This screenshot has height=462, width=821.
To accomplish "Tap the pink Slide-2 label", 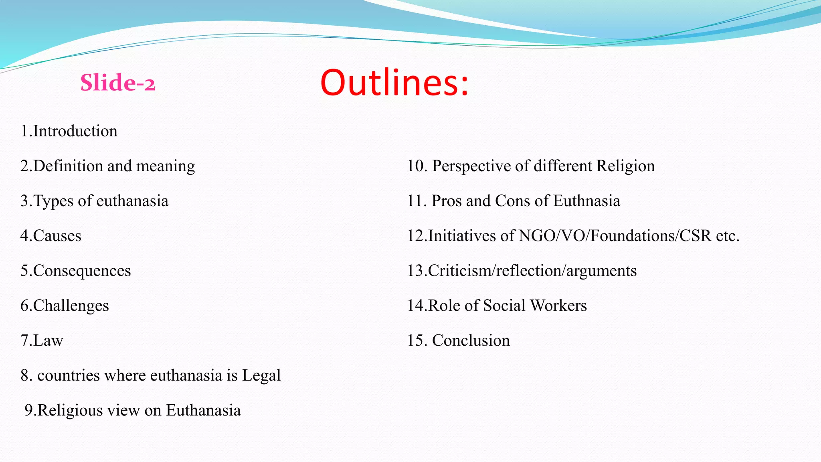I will pos(118,83).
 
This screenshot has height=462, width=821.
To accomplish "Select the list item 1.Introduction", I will pos(69,131).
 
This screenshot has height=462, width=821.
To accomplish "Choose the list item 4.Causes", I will pos(51,236).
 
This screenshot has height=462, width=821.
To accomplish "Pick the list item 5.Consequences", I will pos(76,271).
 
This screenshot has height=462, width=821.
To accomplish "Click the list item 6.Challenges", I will pos(65,306).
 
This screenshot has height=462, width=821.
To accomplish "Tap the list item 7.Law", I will pos(42,340).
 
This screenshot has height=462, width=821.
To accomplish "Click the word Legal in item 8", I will pos(261,375).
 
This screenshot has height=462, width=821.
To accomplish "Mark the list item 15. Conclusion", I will pos(459,340).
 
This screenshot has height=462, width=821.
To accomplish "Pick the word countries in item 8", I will pos(69,375).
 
